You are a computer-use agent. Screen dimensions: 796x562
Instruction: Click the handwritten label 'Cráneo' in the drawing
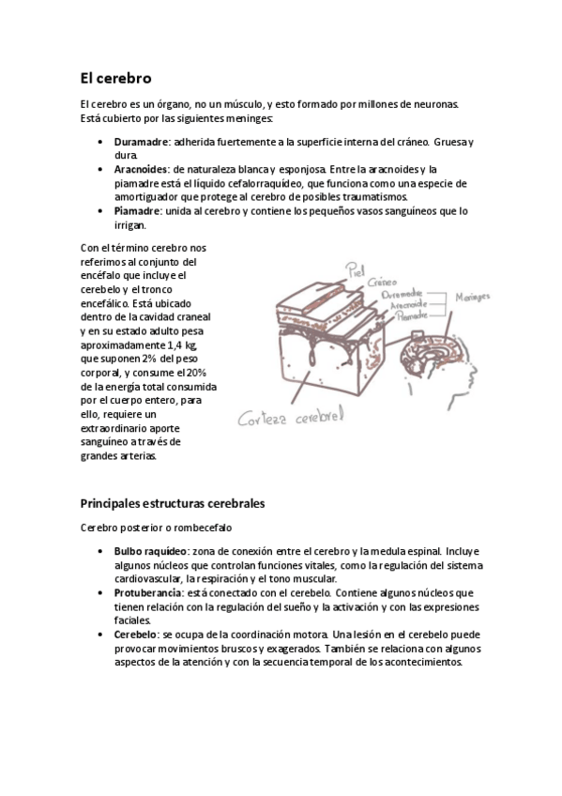(381, 281)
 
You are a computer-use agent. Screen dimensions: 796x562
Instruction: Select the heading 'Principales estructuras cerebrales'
(174, 503)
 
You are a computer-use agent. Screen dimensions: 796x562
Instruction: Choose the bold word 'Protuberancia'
(149, 593)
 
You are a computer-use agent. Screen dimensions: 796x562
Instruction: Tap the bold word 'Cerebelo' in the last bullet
(137, 635)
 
